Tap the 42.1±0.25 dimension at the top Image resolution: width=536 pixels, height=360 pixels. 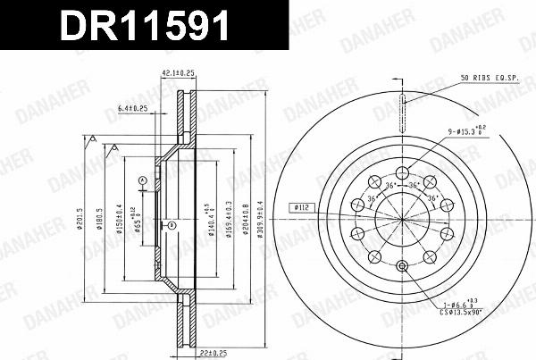pos(179,74)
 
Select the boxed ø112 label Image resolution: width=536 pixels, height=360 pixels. pos(299,207)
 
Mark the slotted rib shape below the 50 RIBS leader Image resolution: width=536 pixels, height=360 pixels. pos(402,101)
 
